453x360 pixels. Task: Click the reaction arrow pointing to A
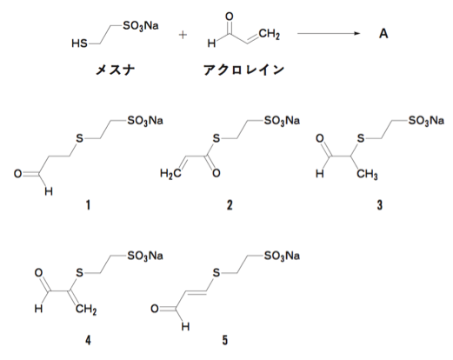tap(329, 34)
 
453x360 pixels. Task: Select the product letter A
tap(383, 34)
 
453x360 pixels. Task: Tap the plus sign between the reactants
tap(183, 35)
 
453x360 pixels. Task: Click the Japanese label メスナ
tap(116, 70)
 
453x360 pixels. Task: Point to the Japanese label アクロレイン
tap(243, 70)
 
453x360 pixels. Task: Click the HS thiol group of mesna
tap(79, 43)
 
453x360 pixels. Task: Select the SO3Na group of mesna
tap(141, 26)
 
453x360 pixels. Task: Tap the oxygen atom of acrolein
tap(230, 17)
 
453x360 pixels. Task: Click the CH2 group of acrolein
tap(270, 34)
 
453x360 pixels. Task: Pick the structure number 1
tap(88, 205)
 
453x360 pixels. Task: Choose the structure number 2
tap(230, 205)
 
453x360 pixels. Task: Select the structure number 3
tap(380, 205)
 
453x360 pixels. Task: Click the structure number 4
tap(88, 340)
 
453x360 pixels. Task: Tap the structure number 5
tap(225, 340)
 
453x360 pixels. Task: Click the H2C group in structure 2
tap(170, 174)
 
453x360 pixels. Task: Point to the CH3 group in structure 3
tap(367, 175)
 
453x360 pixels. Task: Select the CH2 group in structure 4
tap(86, 310)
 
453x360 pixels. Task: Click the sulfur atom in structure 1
tap(79, 138)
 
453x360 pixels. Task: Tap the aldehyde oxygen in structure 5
tap(155, 309)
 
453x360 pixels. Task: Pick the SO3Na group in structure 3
tap(426, 121)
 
